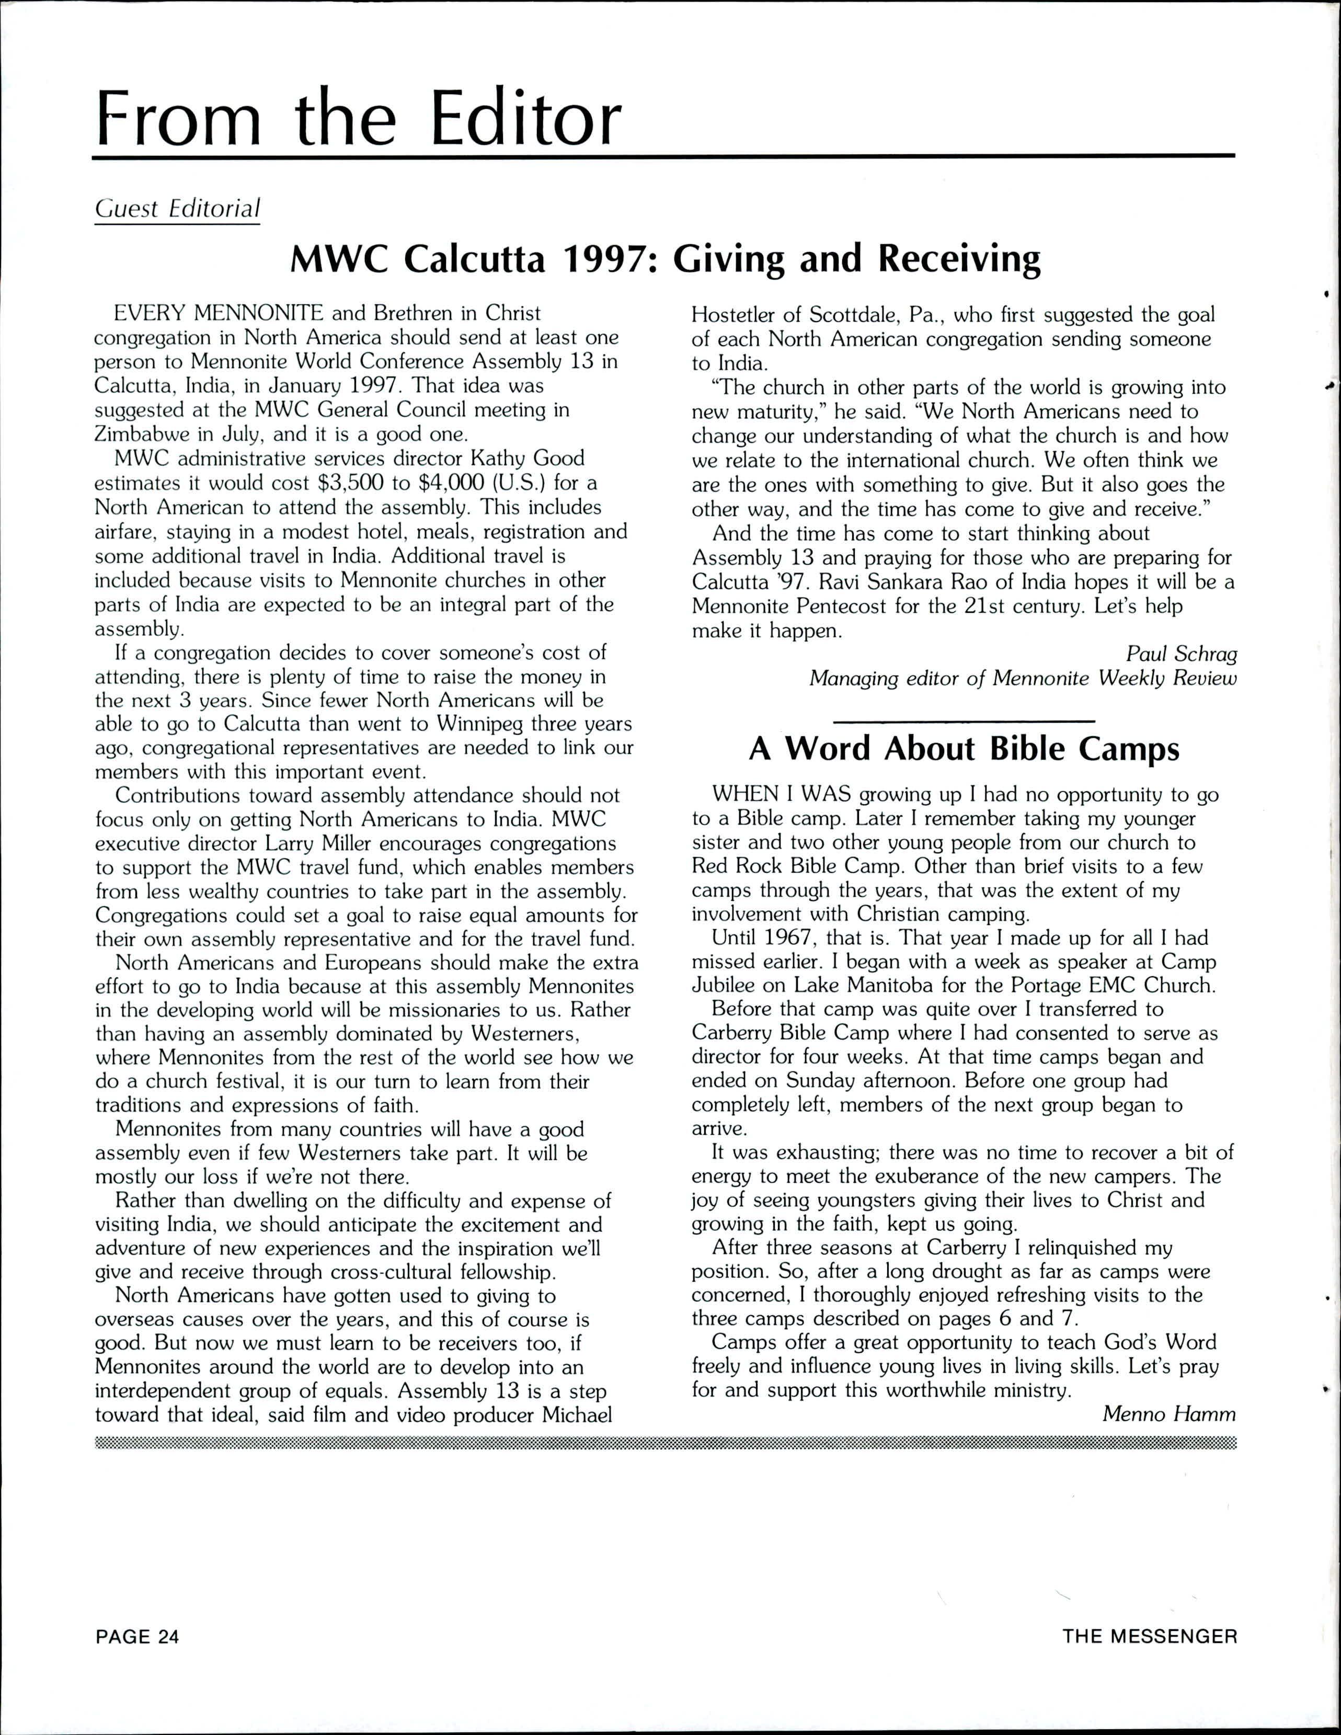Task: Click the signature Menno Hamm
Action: (x=1170, y=1414)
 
